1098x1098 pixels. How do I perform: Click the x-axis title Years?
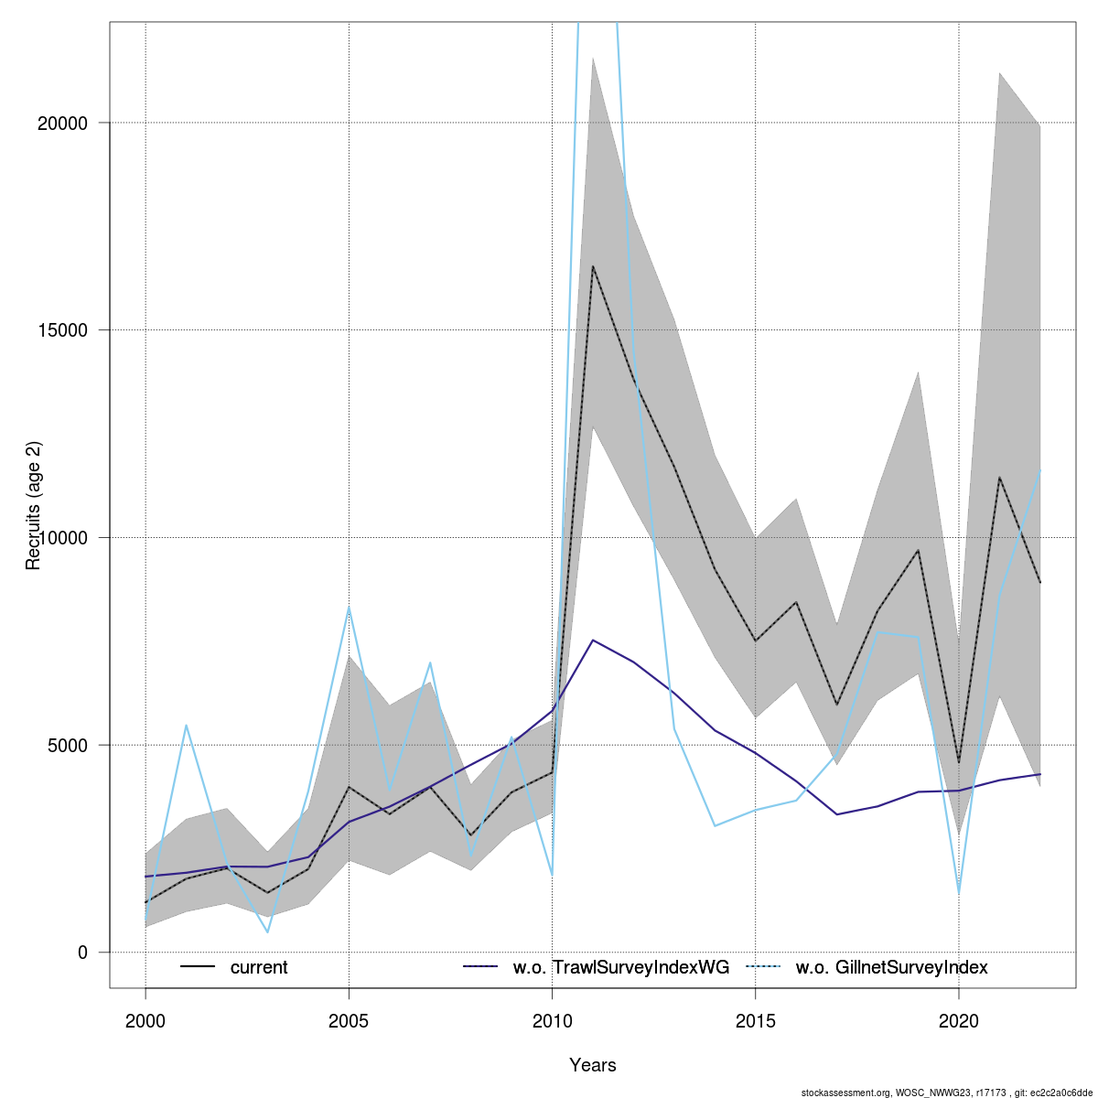pyautogui.click(x=593, y=1065)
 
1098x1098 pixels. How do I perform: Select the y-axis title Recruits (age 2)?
pyautogui.click(x=34, y=506)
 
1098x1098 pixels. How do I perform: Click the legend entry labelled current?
pyautogui.click(x=259, y=968)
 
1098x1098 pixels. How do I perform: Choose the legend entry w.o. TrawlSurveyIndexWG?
pyautogui.click(x=621, y=968)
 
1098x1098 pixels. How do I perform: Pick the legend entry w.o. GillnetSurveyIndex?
pyautogui.click(x=891, y=968)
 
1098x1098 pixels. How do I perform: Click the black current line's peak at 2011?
pyautogui.click(x=593, y=266)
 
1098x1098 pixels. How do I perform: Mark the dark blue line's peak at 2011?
pyautogui.click(x=593, y=640)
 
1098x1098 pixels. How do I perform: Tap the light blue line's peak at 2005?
pyautogui.click(x=350, y=607)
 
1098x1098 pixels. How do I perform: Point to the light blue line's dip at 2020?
pyautogui.click(x=959, y=894)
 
